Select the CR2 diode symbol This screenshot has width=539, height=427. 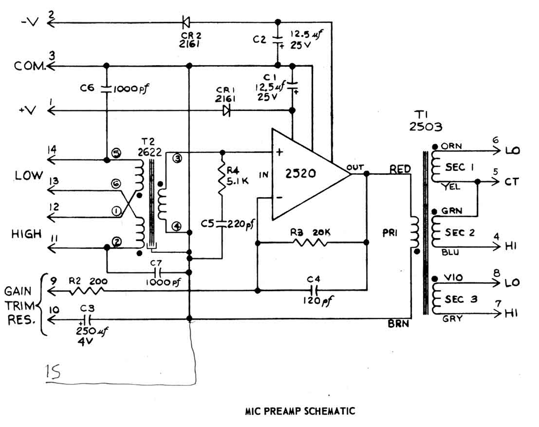tap(186, 23)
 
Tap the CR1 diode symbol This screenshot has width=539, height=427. tap(226, 110)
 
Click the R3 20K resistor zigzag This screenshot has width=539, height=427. tap(310, 243)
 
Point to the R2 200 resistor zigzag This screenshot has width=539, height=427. tap(87, 290)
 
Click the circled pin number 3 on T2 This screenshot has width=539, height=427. tap(177, 158)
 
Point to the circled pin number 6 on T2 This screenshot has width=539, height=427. tap(116, 184)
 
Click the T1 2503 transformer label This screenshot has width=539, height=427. tap(425, 121)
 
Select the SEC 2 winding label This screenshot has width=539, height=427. tap(460, 233)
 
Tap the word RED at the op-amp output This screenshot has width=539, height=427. tap(400, 169)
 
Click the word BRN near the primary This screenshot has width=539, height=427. tap(398, 324)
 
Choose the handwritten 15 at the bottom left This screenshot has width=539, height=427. tap(53, 372)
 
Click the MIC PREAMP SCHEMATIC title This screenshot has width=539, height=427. tap(300, 411)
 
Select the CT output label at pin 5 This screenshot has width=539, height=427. tap(512, 182)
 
